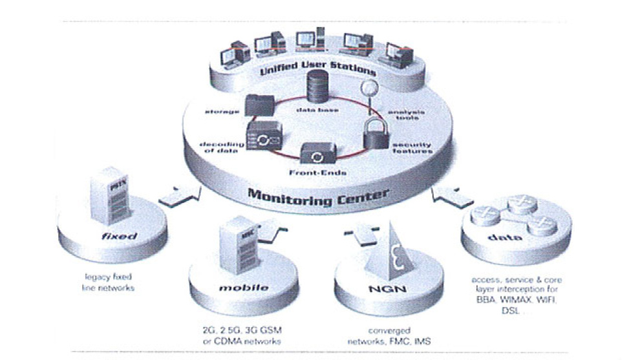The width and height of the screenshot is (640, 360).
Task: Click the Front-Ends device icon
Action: click(x=317, y=155)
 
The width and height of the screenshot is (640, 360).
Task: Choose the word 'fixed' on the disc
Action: click(x=120, y=236)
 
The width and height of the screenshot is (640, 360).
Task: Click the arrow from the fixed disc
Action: click(x=178, y=194)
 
